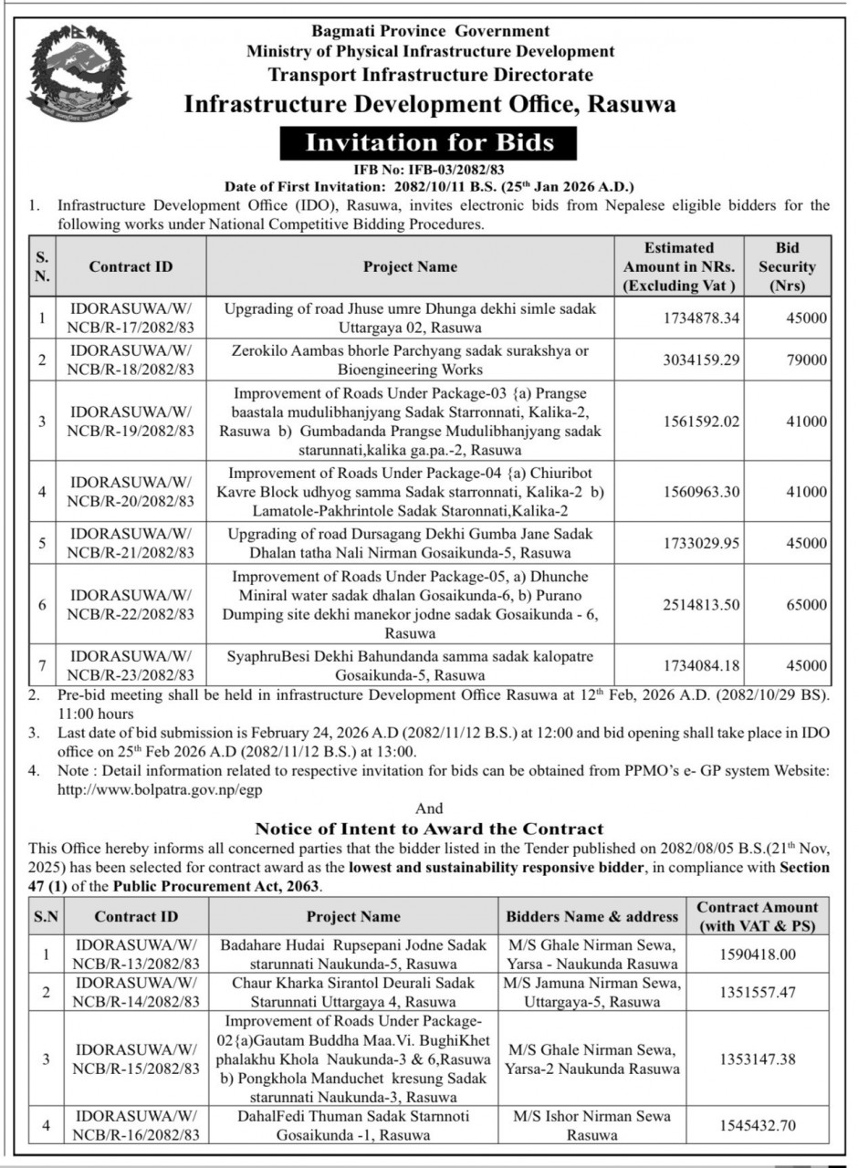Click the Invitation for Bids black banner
point(429,142)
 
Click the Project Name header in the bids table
point(410,267)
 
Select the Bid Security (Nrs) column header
point(786,267)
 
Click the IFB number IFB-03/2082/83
point(429,170)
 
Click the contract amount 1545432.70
point(758,1126)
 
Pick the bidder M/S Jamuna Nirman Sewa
point(592,983)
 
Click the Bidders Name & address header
point(592,916)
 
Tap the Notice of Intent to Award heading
point(429,829)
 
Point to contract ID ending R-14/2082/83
point(136,992)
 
